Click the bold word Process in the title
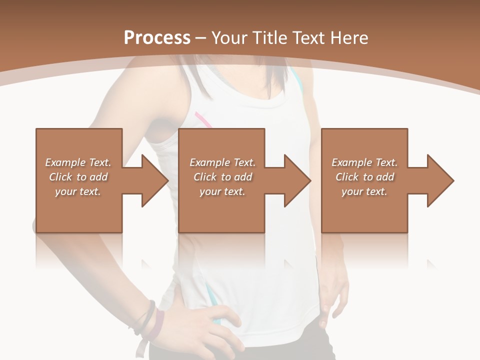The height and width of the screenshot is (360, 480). click(157, 38)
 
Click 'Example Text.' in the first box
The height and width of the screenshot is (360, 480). click(78, 162)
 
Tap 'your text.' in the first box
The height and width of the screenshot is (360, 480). click(78, 191)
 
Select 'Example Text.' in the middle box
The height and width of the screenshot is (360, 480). click(222, 162)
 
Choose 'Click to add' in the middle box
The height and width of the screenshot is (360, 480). click(222, 177)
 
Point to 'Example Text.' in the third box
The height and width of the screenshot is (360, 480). click(364, 162)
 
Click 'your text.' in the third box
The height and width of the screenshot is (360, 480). click(364, 191)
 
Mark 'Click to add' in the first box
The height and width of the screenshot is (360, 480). click(78, 177)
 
